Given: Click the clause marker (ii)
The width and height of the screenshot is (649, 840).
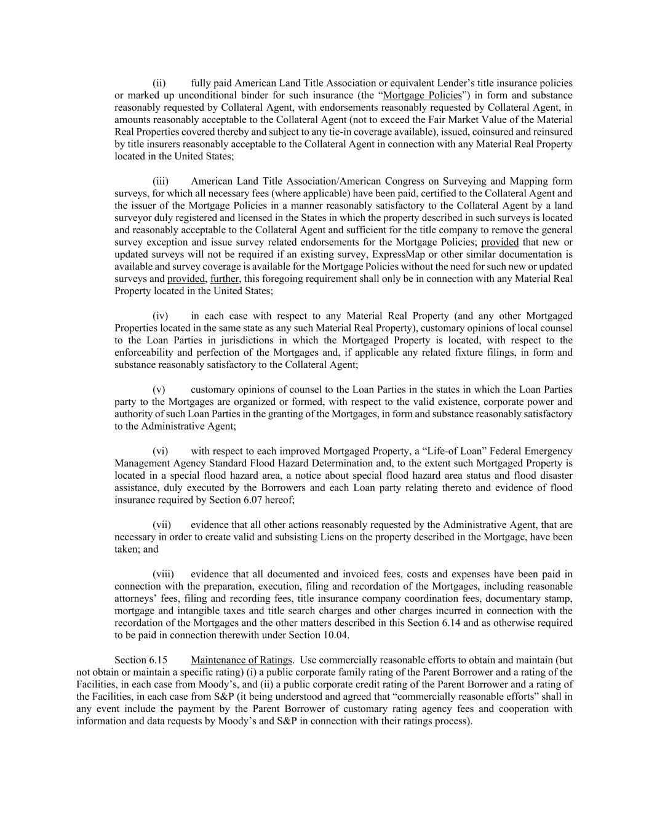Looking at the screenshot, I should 159,83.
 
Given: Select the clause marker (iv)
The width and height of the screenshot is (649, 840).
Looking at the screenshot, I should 160,316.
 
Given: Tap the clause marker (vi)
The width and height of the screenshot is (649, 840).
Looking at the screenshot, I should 160,451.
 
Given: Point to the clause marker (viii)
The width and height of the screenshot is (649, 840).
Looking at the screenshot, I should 163,574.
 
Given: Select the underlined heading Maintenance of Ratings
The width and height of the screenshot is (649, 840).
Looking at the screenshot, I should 241,660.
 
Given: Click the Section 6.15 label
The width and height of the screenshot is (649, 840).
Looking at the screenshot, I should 141,660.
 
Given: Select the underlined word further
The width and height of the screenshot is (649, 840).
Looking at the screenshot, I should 225,279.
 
